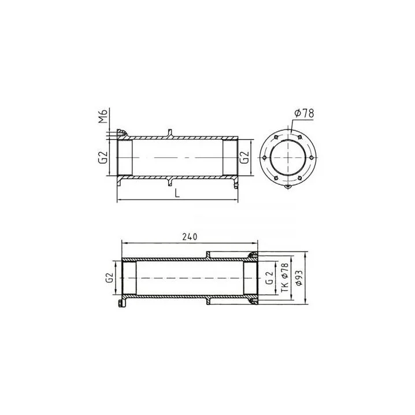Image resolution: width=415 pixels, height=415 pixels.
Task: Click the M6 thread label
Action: (103, 116)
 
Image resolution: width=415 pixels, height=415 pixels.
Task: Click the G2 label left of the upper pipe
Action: (103, 157)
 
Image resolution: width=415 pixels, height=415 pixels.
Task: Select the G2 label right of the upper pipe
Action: (244, 157)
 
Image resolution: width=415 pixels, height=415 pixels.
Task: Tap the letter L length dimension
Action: (177, 193)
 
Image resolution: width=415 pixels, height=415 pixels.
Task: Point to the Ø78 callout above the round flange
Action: (304, 113)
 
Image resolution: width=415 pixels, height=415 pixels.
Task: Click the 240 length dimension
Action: (190, 237)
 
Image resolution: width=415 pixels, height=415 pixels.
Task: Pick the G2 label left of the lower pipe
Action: (110, 278)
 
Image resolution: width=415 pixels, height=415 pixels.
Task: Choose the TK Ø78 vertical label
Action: (284, 277)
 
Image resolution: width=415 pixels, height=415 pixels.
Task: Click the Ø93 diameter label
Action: (299, 277)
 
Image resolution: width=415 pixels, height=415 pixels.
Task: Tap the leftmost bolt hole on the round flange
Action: (264, 158)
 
